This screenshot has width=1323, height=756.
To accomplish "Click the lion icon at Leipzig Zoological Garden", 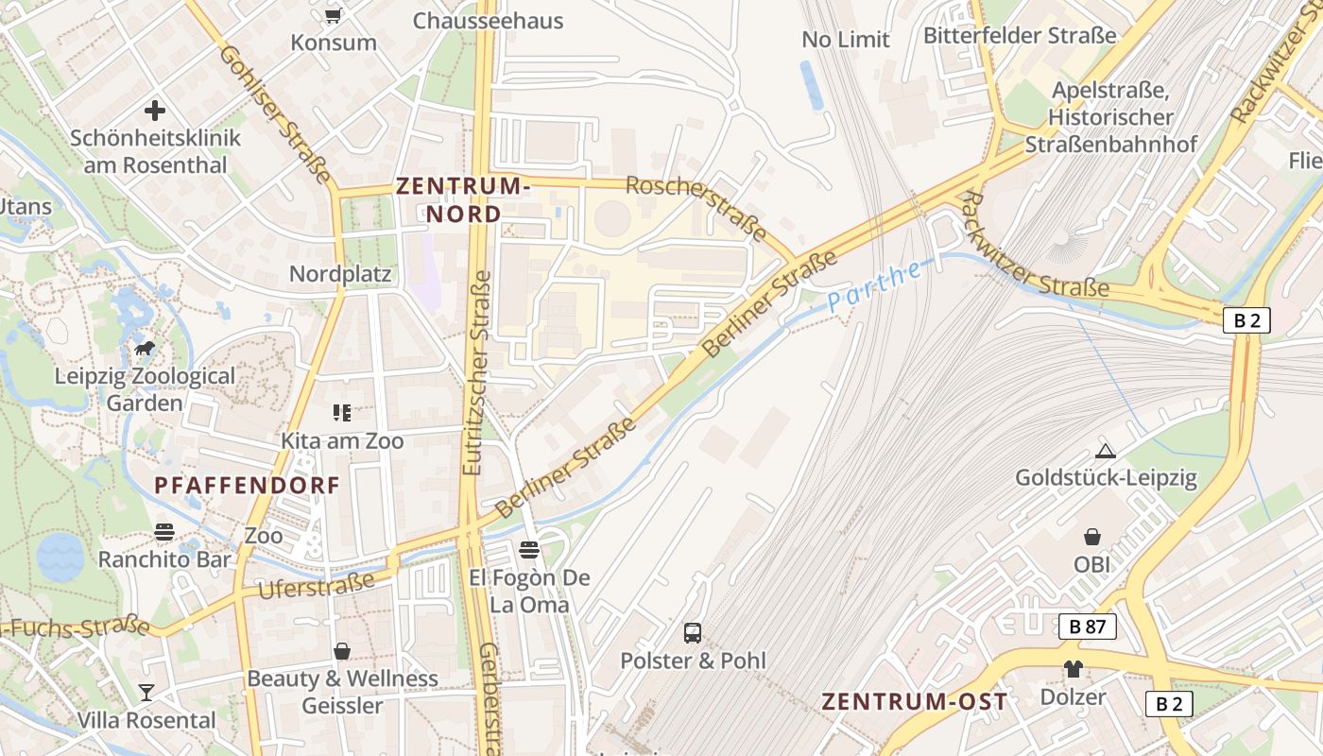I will (x=145, y=349).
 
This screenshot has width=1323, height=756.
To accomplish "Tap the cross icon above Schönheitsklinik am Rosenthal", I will (x=155, y=111).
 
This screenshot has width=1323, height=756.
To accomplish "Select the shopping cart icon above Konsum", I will (x=333, y=15).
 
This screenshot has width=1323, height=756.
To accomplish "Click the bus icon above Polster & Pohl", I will (x=693, y=632).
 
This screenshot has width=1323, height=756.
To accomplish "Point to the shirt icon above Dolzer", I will (x=1073, y=669).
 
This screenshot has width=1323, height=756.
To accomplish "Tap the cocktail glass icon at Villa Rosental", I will (x=146, y=693).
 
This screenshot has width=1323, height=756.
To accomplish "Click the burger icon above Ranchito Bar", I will (x=164, y=532).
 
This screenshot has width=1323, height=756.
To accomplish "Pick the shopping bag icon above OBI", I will (x=1092, y=537).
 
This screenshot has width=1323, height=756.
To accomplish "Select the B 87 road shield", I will (x=1087, y=626).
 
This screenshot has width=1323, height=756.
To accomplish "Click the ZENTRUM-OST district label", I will (x=914, y=701).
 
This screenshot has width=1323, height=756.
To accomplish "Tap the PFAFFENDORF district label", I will (x=247, y=486).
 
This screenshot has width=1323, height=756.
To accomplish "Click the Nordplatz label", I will (x=340, y=274).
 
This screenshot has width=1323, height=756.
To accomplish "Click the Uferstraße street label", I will (x=317, y=585).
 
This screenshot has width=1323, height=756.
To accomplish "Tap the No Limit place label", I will (x=846, y=40).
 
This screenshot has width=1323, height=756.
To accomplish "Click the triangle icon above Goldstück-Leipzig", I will (x=1106, y=452).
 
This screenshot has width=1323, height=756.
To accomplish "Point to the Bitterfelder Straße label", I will (x=1020, y=36).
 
